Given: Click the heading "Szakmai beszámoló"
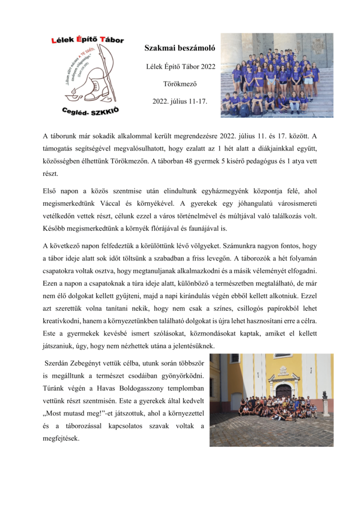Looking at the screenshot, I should (180, 48).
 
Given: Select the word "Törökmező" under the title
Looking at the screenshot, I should (180, 84).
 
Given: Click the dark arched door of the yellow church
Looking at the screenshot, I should (283, 391).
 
